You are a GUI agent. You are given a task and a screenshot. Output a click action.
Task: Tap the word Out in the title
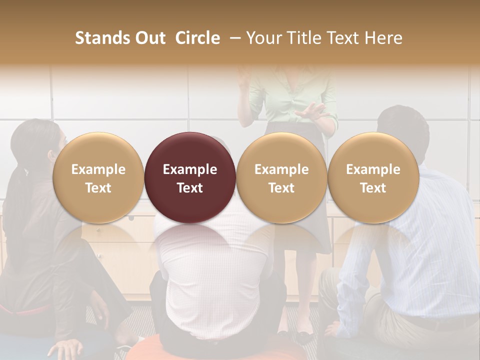[x=149, y=38]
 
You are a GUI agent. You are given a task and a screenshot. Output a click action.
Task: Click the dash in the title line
[x=233, y=38]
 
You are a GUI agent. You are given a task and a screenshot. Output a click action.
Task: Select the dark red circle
[x=190, y=177]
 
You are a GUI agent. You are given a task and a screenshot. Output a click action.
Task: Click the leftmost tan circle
[x=98, y=177]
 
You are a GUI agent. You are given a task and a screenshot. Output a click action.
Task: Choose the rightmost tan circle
[x=373, y=177]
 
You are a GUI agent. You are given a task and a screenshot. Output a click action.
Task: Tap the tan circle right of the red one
[x=281, y=177]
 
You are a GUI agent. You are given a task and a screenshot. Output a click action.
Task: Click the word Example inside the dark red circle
[x=190, y=169]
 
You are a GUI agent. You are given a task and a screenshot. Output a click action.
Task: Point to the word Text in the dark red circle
[x=190, y=188]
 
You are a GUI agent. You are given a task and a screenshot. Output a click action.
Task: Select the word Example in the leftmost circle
[x=98, y=169]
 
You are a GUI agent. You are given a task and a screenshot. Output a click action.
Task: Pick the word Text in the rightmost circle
[x=373, y=188]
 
